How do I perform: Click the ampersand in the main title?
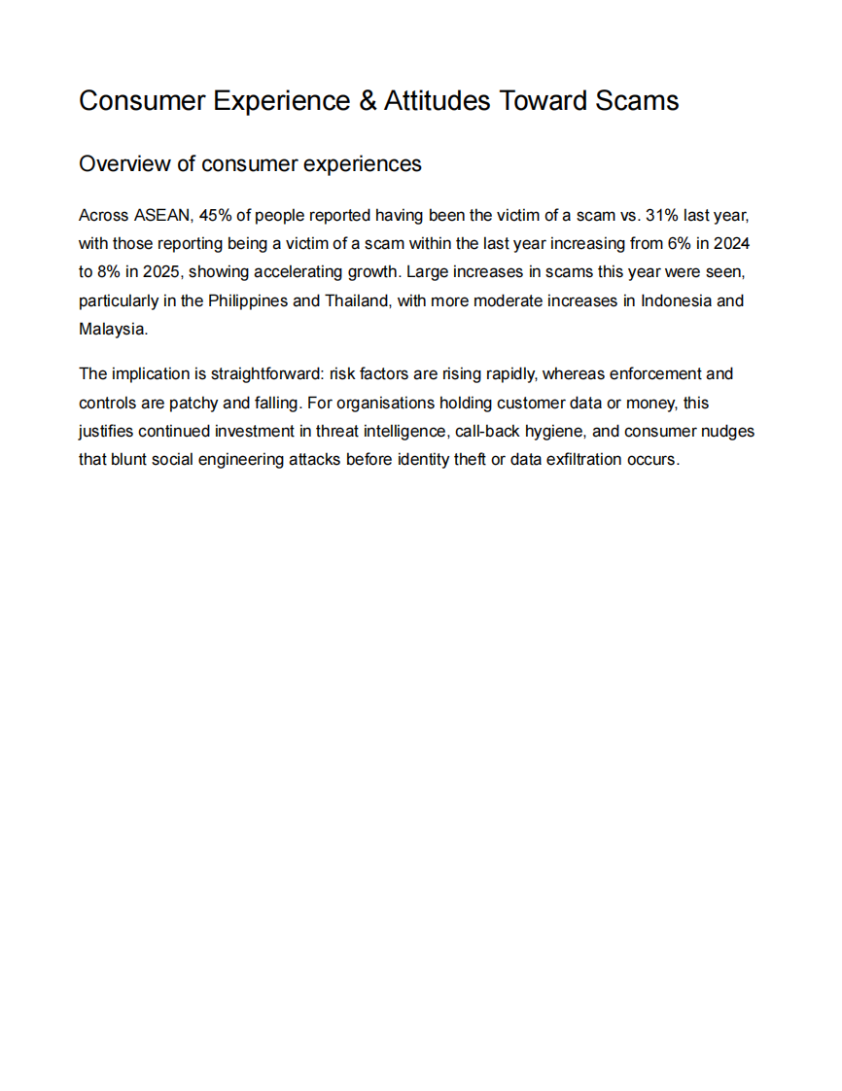click(368, 101)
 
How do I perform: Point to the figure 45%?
click(215, 215)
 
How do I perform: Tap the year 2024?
click(731, 244)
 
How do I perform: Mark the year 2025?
click(161, 272)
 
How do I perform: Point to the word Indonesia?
click(675, 300)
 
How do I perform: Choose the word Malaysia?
click(111, 329)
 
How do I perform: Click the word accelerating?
click(298, 272)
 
